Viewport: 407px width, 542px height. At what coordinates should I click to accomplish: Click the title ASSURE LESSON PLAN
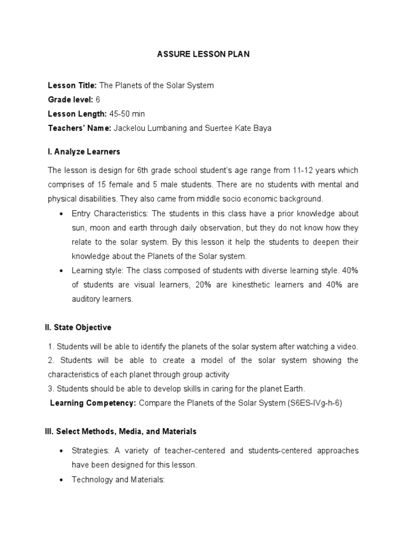click(x=203, y=55)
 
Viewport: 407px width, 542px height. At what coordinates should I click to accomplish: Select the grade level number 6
click(x=98, y=100)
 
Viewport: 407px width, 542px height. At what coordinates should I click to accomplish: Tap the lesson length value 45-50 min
click(x=127, y=114)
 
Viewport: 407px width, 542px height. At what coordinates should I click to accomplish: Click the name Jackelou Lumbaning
click(x=151, y=128)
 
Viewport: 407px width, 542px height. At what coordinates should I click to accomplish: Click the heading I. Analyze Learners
click(x=84, y=152)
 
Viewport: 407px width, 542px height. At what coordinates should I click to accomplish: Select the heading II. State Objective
click(x=78, y=328)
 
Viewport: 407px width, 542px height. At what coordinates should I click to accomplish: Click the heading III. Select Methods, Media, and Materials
click(x=121, y=431)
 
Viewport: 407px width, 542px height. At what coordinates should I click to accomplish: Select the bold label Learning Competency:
click(x=93, y=403)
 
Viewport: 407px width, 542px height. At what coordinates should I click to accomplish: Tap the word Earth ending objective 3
click(x=293, y=388)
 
